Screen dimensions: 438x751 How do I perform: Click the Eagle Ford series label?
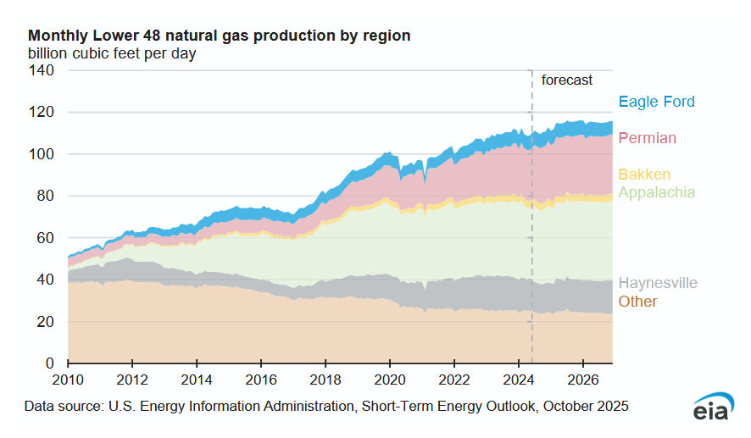(656, 102)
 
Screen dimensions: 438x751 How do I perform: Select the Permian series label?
(648, 138)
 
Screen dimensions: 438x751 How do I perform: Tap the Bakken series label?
(644, 175)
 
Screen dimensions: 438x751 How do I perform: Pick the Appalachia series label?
(656, 192)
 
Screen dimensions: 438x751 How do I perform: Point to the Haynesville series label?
(658, 283)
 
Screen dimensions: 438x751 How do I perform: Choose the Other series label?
(637, 302)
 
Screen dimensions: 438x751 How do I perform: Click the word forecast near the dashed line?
(567, 80)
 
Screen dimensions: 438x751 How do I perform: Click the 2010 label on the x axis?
(68, 380)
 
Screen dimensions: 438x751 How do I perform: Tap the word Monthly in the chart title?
(57, 36)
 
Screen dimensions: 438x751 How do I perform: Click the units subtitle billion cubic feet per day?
(112, 54)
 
